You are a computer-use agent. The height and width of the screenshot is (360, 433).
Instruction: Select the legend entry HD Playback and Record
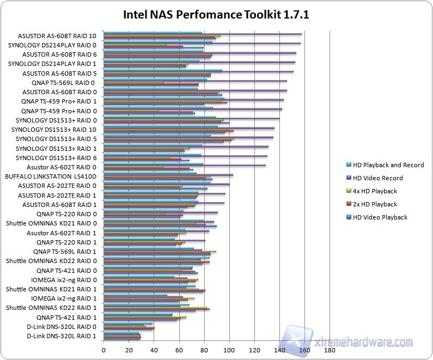(x=388, y=165)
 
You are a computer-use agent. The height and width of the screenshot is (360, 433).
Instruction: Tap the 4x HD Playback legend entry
(x=376, y=191)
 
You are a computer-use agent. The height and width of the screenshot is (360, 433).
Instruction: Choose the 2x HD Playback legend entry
(x=376, y=204)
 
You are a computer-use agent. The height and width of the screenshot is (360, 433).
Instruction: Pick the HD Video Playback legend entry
(x=380, y=217)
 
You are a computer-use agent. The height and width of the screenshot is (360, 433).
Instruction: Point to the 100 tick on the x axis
(x=229, y=351)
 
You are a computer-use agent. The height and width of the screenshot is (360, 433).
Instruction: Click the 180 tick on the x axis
(x=330, y=351)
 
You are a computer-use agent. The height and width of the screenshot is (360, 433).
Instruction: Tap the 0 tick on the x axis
(x=103, y=351)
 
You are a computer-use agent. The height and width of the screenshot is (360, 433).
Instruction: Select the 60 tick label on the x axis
(x=179, y=351)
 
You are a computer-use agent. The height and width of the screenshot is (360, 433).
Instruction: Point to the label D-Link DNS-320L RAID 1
(x=61, y=336)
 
